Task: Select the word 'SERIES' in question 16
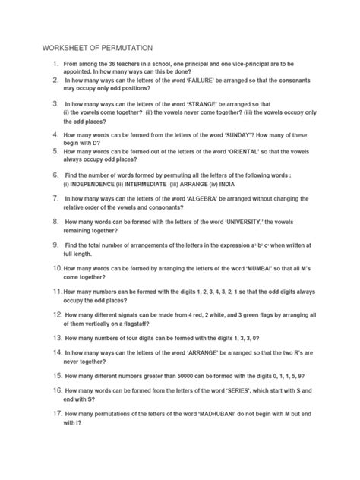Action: (226, 390)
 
